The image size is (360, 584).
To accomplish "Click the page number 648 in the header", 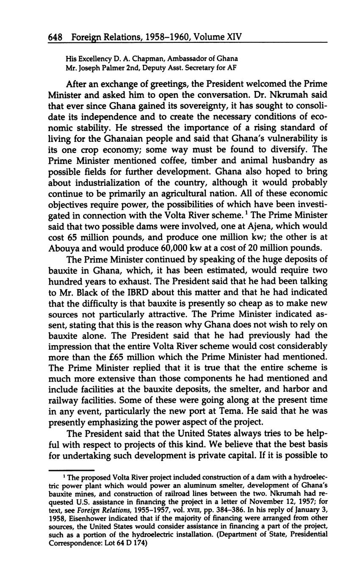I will [55, 37].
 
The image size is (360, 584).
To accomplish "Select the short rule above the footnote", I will [71, 470].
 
